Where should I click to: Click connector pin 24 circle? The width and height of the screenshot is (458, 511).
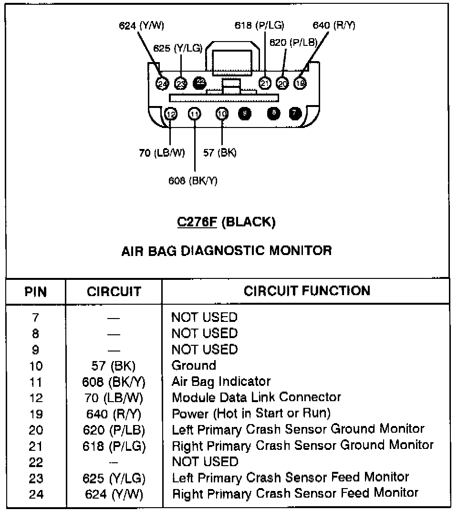coord(162,84)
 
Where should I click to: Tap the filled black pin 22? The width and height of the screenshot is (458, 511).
coord(199,83)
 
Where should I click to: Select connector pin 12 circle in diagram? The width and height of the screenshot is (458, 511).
coord(171,114)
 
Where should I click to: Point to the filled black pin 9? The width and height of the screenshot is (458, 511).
coord(244,113)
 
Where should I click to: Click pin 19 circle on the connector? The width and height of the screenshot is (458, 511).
coord(300,83)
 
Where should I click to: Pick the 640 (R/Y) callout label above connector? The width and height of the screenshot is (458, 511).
coord(334,25)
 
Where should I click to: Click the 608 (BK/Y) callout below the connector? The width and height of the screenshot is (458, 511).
coord(193,181)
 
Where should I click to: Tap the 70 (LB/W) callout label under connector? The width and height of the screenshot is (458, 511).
coord(162,153)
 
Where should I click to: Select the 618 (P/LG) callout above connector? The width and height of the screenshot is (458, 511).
coord(259,25)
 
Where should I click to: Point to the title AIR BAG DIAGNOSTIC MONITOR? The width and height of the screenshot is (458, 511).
coord(227,250)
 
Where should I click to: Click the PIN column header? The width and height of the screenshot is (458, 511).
coord(36,292)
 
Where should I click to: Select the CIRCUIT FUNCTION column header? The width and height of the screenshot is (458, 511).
coord(307,291)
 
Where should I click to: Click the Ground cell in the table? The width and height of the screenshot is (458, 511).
coord(194,366)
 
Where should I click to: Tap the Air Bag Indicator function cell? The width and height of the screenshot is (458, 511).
coord(221,382)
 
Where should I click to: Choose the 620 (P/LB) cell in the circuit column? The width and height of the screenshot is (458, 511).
coord(114,430)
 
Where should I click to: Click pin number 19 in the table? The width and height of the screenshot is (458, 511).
coord(36,414)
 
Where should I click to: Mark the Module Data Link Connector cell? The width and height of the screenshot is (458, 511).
coord(256,397)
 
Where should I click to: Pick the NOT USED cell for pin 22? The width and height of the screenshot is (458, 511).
coord(205,462)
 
